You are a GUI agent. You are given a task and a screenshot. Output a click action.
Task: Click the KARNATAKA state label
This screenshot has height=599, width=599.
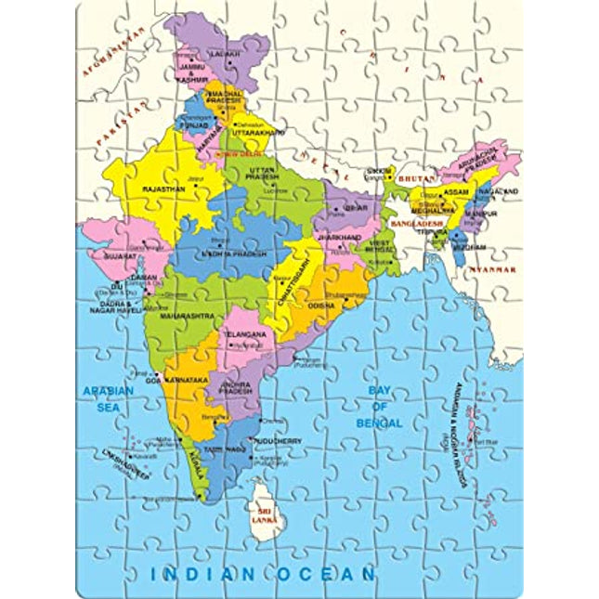(x=188, y=381)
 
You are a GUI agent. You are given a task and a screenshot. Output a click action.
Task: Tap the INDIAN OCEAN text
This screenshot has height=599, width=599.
(x=263, y=573)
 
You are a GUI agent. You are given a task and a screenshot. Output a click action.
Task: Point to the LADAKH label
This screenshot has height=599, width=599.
(x=224, y=55)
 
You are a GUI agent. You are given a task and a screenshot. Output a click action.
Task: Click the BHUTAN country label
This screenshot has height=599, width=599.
(x=416, y=176)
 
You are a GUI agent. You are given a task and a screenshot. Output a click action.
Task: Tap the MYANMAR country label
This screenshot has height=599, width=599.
(x=493, y=268)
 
